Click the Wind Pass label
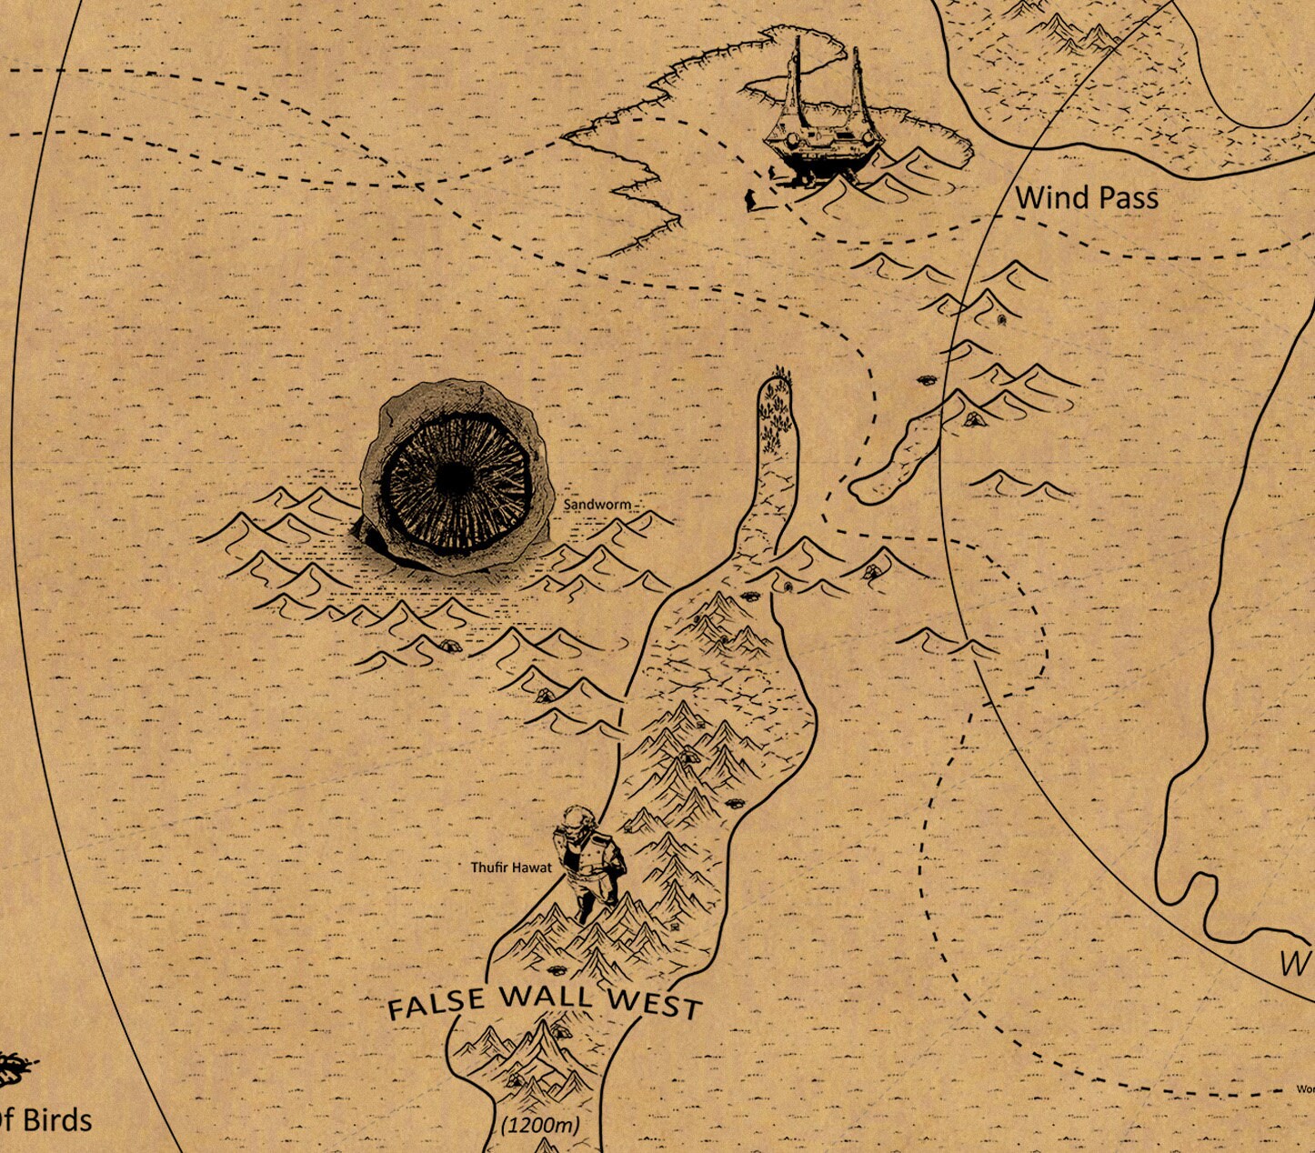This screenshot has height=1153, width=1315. pos(1087,197)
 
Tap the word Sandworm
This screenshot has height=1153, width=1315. pos(597,504)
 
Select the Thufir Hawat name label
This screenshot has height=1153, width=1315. pos(510,867)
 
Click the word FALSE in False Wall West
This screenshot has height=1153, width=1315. pos(437,1004)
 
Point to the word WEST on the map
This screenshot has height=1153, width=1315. pos(655,1003)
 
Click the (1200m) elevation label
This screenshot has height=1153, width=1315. pos(540,1125)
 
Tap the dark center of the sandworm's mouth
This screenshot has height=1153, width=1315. pos(452,479)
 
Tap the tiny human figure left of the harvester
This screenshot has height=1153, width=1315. pos(750,200)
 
